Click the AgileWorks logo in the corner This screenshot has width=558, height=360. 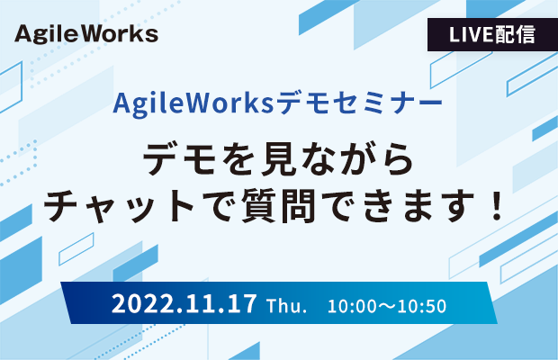86,34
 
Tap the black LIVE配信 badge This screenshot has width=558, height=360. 492,34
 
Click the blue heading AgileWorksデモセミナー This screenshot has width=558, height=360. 277,103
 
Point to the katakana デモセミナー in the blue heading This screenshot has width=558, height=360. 359,103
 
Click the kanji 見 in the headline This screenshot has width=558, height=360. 279,158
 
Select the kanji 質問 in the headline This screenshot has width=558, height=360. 278,206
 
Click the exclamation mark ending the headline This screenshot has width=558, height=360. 495,206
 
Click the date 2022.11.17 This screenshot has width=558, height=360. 184,304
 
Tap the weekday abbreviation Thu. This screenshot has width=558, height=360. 286,306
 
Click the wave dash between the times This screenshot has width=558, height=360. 387,307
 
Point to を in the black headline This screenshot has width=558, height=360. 239,158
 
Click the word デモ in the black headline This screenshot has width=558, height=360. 180,158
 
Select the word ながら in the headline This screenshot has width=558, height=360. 357,158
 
